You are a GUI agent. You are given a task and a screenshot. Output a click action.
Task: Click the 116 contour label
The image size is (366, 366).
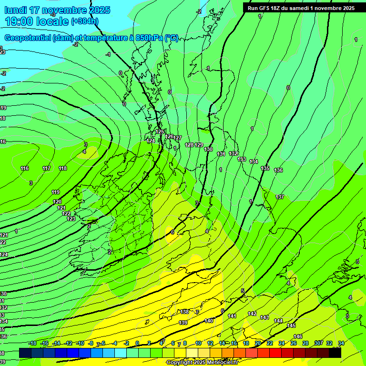(x=25, y=168)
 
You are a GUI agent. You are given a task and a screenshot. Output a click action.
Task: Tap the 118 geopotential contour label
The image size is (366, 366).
(x=63, y=168)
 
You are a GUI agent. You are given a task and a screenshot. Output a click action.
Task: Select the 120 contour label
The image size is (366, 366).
(x=57, y=202)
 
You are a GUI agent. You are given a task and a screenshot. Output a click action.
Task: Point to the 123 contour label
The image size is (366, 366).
(x=71, y=219)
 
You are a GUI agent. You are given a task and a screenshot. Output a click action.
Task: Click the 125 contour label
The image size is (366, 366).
(x=160, y=132)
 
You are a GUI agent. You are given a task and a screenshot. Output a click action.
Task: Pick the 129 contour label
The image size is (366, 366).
(x=199, y=145)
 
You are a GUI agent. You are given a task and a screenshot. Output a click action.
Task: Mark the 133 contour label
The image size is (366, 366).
(x=242, y=159)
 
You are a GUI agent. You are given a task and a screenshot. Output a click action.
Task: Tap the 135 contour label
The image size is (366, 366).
(x=265, y=168)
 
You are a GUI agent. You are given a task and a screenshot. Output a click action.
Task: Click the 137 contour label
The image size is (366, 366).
(x=280, y=197)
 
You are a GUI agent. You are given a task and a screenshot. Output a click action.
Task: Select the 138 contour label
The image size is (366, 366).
(x=185, y=312)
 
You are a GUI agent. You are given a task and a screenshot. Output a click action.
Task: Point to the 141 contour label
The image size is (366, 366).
(x=232, y=316)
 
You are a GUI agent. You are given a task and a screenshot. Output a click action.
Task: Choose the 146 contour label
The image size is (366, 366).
(x=298, y=336)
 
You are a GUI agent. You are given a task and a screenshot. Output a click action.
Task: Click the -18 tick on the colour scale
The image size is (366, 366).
(x=32, y=343)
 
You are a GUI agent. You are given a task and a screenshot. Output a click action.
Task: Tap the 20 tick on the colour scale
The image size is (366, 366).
(x=257, y=343)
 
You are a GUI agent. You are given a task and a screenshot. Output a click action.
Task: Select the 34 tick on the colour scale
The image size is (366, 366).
(x=341, y=343)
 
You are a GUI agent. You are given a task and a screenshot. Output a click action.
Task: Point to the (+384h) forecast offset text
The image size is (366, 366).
(x=85, y=21)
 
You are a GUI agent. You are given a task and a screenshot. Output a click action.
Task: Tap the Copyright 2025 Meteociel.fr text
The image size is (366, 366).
(x=202, y=362)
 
